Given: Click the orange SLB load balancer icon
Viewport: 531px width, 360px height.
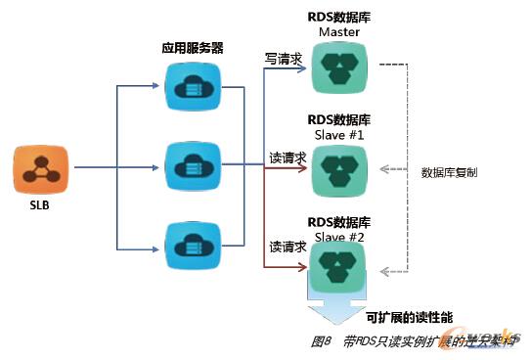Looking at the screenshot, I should click(39, 168).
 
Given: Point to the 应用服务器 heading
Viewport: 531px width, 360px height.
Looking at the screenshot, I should click(192, 48).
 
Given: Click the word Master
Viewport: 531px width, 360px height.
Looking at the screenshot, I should click(339, 32).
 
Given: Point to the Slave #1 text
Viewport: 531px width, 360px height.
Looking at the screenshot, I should click(339, 134).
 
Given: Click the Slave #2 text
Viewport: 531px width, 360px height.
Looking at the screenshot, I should click(339, 237).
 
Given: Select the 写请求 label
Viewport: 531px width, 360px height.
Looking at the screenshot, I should click(285, 59).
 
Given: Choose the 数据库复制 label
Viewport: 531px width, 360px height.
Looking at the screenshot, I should click(449, 172).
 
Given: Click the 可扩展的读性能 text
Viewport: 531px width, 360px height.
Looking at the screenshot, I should click(410, 317).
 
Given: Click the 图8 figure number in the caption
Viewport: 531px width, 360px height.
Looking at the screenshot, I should click(323, 341).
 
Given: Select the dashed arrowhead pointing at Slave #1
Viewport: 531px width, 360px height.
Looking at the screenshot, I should click(386, 167).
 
